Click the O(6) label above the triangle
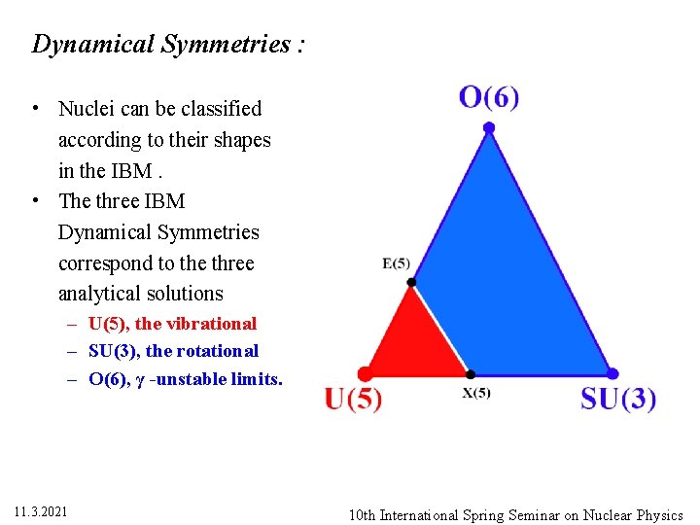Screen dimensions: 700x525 (x=489, y=97)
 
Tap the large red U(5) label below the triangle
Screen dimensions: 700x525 (x=353, y=399)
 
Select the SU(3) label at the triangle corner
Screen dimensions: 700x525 (x=618, y=399)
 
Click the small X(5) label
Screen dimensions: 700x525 (x=476, y=394)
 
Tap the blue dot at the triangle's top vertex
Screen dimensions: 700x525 (x=489, y=127)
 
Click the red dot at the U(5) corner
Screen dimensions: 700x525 (x=366, y=373)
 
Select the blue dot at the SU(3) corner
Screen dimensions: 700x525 (x=612, y=373)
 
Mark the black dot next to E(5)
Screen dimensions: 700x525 (x=411, y=282)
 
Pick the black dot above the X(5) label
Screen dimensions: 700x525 (x=471, y=373)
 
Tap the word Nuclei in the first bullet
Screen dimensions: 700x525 (x=87, y=109)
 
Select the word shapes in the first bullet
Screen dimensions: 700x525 (x=244, y=140)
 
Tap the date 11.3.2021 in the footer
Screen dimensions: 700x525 (x=42, y=511)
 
